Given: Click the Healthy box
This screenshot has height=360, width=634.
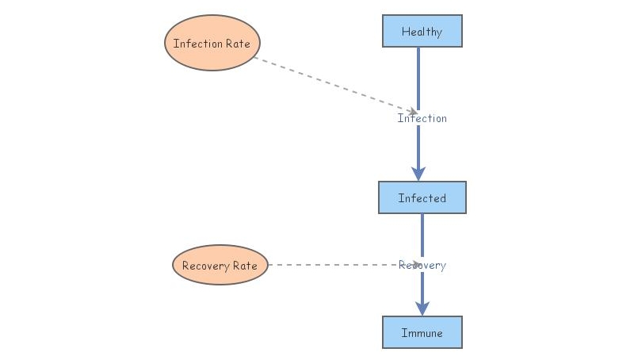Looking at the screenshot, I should pos(422,31).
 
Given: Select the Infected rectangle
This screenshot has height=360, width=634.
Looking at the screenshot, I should pos(422,197).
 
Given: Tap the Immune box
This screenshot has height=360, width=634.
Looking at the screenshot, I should pos(422,332).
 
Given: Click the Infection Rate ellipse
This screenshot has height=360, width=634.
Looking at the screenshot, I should pos(212,44).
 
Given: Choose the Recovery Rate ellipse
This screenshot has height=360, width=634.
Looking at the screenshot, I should pos(220,265).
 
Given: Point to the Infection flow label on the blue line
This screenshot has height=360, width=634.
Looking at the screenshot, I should pos(422,118).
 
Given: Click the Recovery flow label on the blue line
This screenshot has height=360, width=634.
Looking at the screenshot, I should pos(422,265).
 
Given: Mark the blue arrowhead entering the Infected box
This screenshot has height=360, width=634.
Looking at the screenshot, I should pos(418,174).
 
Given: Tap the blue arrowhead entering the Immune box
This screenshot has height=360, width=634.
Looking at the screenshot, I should pos(422,308).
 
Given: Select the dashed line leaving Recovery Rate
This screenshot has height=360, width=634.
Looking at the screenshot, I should pos(333,265).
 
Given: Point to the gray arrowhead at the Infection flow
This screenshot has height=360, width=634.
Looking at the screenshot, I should pos(412,111).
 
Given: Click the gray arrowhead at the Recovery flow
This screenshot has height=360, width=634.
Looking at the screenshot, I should pos(414,265).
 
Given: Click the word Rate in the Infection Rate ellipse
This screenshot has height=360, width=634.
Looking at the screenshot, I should pos(237,44).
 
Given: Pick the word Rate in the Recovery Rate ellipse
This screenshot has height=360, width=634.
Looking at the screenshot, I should pos(244,266).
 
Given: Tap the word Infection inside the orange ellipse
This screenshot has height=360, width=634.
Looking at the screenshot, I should pos(197,44).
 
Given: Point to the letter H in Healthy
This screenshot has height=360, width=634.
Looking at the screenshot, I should pos(406,32).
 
